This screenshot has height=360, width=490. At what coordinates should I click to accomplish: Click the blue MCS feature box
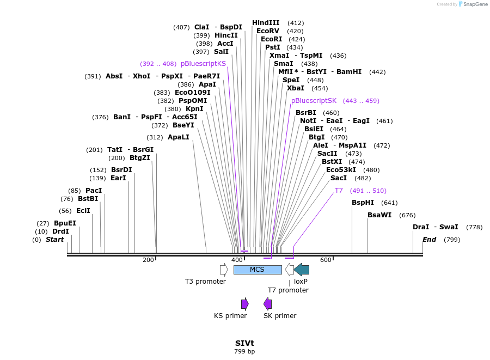[x=257, y=270]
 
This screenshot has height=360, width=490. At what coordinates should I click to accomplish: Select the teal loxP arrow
[x=302, y=270]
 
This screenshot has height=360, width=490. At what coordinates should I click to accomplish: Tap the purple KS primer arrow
[x=245, y=304]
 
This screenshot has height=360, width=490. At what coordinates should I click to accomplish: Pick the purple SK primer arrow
[x=267, y=304]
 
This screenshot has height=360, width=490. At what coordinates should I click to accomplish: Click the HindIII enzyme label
[x=266, y=23]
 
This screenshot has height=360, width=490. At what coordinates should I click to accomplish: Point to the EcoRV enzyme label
[x=268, y=31]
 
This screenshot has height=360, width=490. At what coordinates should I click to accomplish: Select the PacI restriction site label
[x=94, y=191]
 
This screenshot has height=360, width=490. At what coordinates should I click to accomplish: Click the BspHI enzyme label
[x=363, y=203]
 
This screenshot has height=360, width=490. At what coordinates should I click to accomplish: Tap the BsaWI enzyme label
[x=379, y=215]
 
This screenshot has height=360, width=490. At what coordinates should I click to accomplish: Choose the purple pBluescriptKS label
[x=203, y=64]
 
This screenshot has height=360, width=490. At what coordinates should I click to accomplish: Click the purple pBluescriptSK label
[x=314, y=101]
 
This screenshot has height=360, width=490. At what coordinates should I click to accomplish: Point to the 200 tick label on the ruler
[x=148, y=260]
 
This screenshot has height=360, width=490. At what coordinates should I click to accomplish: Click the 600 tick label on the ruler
[x=326, y=260]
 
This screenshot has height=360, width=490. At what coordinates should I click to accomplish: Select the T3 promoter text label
[x=205, y=282]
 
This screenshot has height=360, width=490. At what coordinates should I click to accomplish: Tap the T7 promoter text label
[x=288, y=290]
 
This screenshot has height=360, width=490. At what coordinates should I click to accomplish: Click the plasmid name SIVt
[x=244, y=344]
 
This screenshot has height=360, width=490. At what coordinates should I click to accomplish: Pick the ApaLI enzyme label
[x=179, y=137]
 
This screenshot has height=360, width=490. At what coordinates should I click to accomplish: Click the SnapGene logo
[x=472, y=4]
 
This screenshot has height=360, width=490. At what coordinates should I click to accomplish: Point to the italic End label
[x=429, y=240]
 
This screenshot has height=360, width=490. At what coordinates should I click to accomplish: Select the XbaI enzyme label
[x=296, y=88]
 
